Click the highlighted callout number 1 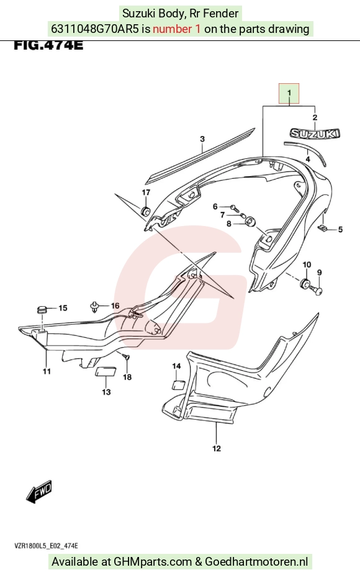pos(289,93)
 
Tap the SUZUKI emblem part pos(315,134)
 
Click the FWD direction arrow pos(39,491)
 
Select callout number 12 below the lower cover pos(216,448)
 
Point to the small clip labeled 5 pos(323,229)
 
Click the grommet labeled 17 pos(145,211)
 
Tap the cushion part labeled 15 pos(42,310)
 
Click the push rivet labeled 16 pos(95,307)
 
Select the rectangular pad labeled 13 pos(106,371)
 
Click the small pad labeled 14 pos(178,384)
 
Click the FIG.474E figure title pos(48,45)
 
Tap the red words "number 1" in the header pos(177,29)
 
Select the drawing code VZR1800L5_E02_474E pos(46,546)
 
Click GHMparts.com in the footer pos(153,562)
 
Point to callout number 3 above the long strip pos(202,139)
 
